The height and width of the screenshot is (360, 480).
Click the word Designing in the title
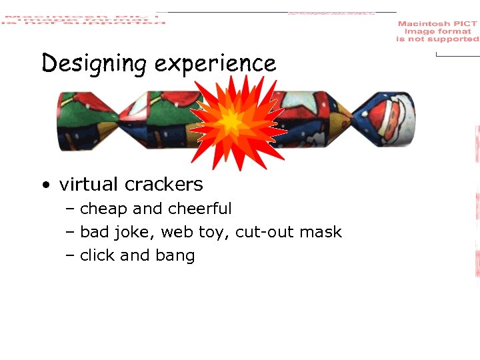(x=93, y=64)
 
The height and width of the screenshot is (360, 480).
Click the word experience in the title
(x=215, y=64)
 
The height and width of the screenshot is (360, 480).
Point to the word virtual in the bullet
(x=87, y=184)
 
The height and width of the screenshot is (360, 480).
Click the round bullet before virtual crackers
(x=44, y=185)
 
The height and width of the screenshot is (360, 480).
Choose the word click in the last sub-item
(x=97, y=255)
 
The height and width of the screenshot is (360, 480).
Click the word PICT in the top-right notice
(x=464, y=24)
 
